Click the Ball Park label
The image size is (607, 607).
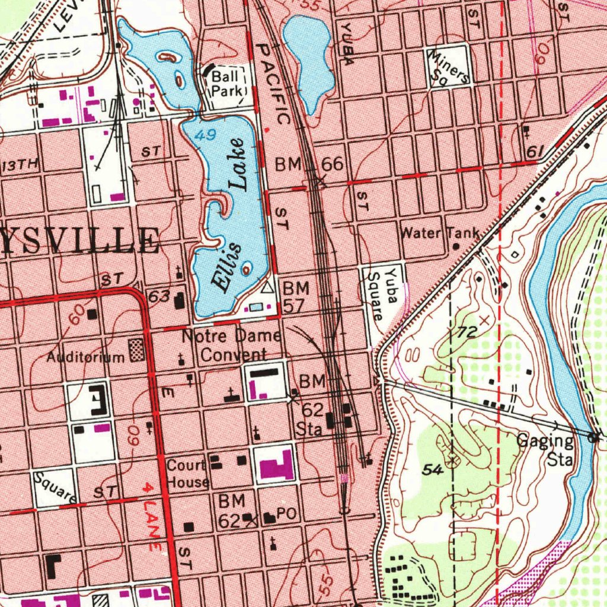point(227,83)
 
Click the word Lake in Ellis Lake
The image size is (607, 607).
point(239,164)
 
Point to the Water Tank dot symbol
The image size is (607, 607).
point(456,245)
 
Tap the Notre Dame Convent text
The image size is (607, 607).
point(231,345)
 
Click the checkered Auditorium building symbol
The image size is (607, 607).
point(137,350)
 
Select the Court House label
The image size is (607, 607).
point(187,472)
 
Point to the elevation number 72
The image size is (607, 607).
point(467,333)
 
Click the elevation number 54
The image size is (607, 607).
point(433,469)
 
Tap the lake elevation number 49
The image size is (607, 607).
point(206,136)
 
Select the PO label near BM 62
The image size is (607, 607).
point(286,515)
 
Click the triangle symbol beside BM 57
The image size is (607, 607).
point(267,288)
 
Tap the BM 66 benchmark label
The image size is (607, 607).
point(309,164)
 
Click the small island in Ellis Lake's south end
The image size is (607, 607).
point(247,268)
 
